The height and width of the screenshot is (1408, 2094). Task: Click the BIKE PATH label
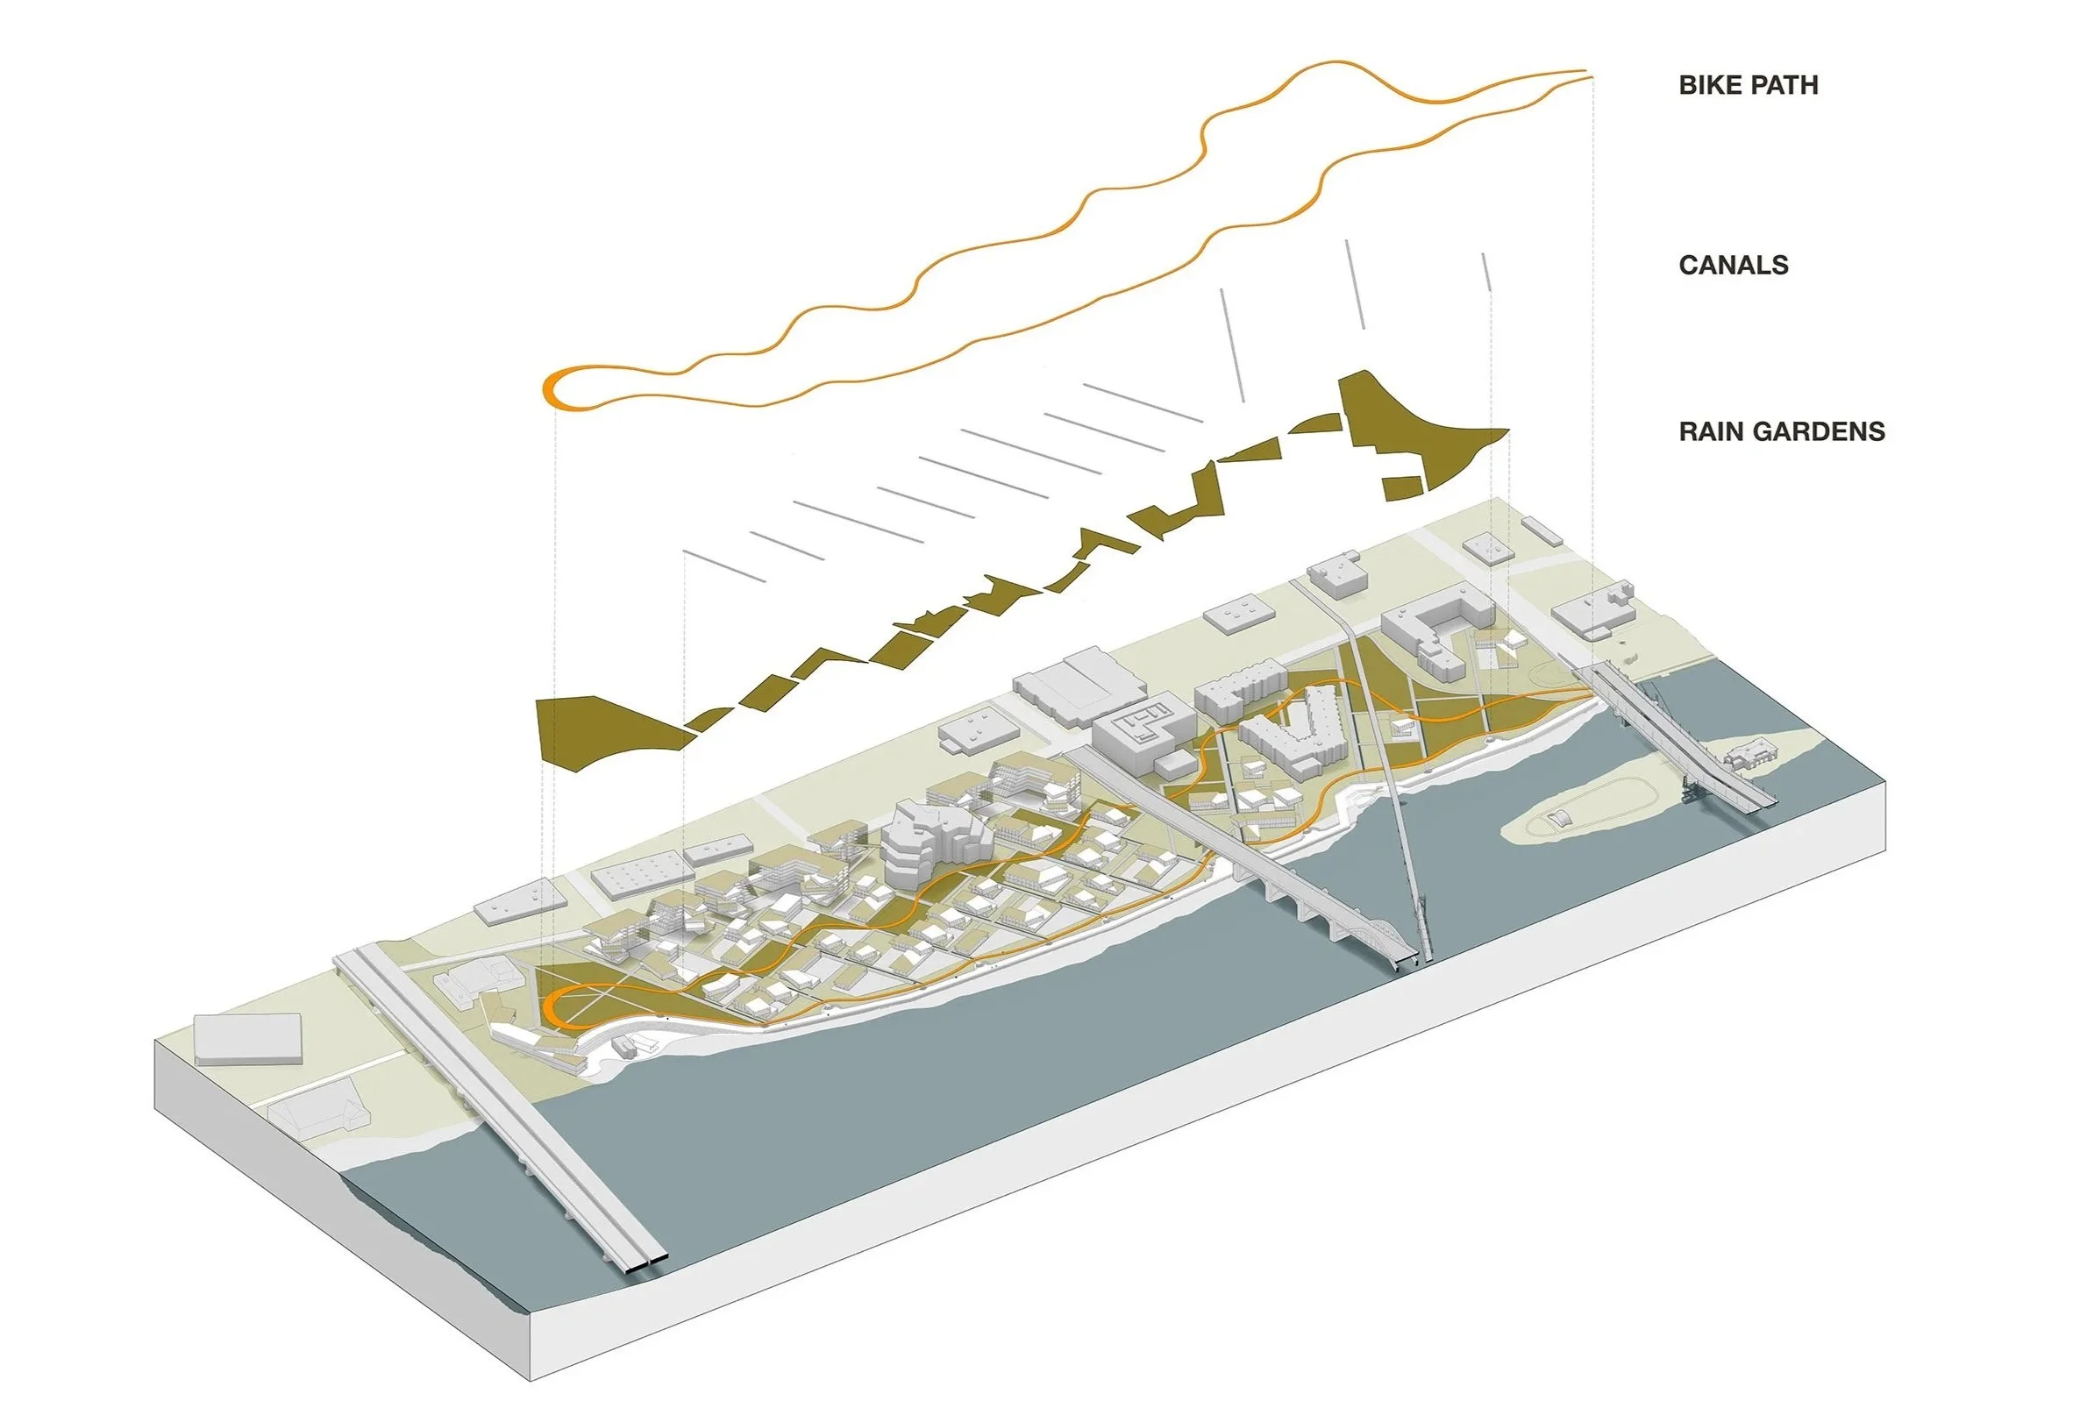click(x=1748, y=85)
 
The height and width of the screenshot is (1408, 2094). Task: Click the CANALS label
click(x=1733, y=265)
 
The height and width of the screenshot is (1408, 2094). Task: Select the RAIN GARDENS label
click(x=1782, y=432)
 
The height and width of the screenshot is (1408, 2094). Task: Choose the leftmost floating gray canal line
click(x=723, y=566)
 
